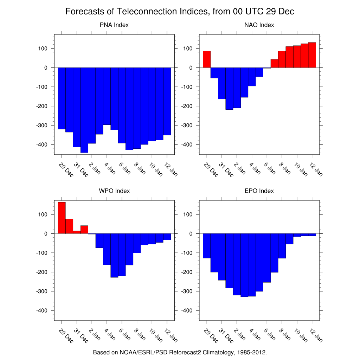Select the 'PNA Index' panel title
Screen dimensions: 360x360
114,25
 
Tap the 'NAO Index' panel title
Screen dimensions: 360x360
259,25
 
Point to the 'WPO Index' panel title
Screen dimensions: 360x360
114,191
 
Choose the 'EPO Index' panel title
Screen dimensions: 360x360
259,191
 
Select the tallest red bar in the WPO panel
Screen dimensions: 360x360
62,218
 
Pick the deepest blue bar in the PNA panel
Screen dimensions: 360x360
84,110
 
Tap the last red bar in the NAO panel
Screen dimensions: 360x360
312,55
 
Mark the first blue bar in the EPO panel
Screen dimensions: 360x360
207,246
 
